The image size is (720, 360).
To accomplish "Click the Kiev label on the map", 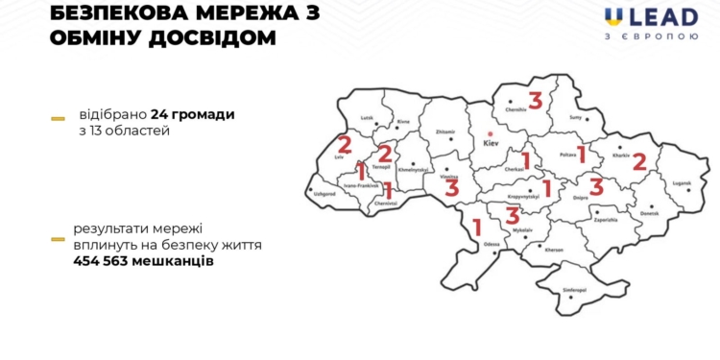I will click(492, 143).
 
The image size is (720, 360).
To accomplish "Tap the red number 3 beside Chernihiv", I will click(535, 101).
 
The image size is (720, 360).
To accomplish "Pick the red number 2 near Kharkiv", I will click(639, 162).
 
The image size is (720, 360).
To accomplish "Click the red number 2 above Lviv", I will click(345, 146).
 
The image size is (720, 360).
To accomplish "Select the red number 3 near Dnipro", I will click(596, 186).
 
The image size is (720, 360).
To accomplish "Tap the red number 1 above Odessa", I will click(477, 228).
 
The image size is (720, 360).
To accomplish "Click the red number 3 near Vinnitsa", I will click(451, 186).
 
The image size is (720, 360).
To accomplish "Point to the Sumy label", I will click(576, 117).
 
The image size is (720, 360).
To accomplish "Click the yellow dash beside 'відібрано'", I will click(58, 118).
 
